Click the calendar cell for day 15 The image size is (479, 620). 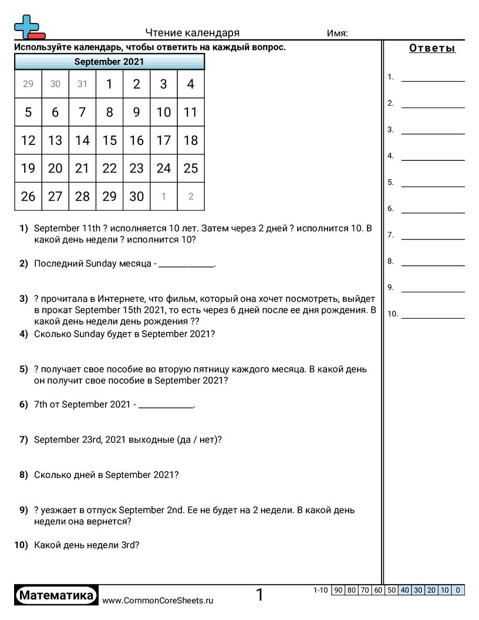[x=109, y=140]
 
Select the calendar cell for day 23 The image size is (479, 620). [x=136, y=169]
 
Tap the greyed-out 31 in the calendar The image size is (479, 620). [x=82, y=84]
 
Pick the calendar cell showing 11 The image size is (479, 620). [x=190, y=112]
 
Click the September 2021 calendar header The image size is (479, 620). [x=109, y=62]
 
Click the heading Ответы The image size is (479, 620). [x=432, y=48]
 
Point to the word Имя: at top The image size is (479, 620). [x=337, y=33]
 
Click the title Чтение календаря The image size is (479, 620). [x=193, y=33]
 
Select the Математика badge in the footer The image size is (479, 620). [x=56, y=595]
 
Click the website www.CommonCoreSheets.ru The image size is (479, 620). [x=157, y=600]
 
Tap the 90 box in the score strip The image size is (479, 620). [x=338, y=590]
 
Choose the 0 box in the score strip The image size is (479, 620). [x=458, y=590]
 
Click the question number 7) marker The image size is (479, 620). [x=23, y=439]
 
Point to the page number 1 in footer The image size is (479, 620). [x=259, y=595]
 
